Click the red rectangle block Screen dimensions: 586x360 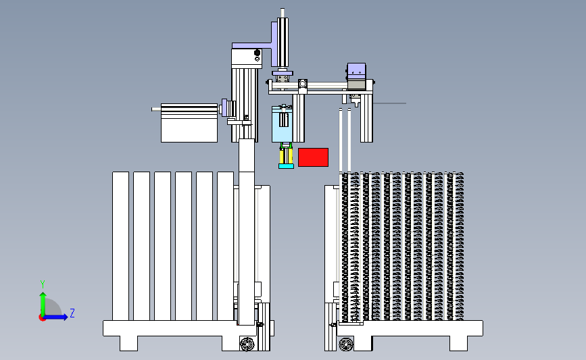point(313,157)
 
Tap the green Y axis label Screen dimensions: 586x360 point(43,284)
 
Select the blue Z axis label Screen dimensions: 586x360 point(72,313)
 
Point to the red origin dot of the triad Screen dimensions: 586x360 point(42,318)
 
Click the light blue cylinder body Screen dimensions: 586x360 point(282,124)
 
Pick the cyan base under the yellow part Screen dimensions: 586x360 point(287,166)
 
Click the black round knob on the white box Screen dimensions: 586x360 point(257,53)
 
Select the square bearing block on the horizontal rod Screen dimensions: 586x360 point(302,84)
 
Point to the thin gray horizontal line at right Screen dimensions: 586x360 point(389,103)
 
